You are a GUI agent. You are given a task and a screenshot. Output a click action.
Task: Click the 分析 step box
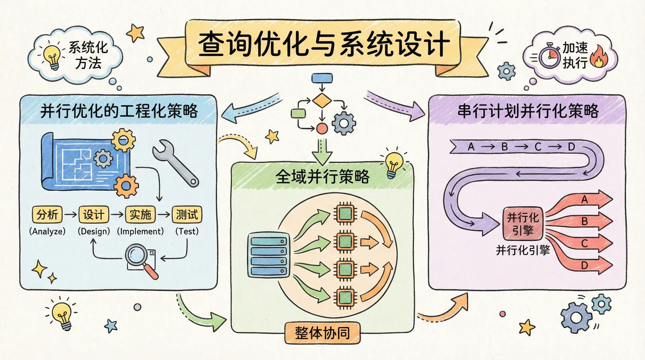(x=47, y=214)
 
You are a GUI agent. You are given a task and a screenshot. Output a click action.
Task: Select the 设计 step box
(x=94, y=214)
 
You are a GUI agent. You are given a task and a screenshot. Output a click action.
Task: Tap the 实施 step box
(x=140, y=214)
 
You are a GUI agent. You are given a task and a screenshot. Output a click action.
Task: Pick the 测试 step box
(x=187, y=214)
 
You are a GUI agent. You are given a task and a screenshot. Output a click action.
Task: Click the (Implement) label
(x=140, y=231)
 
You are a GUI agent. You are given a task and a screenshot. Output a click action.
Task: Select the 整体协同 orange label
(x=322, y=333)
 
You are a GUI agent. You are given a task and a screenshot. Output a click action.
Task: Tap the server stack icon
(x=268, y=255)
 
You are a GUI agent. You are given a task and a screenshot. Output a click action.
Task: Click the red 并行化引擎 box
(x=523, y=224)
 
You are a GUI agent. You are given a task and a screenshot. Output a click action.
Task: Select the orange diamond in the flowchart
(x=322, y=100)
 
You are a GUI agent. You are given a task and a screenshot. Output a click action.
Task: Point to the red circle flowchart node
(x=322, y=128)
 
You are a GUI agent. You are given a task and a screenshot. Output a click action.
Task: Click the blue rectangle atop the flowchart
(x=322, y=78)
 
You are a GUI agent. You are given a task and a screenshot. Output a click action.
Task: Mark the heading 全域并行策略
(x=322, y=176)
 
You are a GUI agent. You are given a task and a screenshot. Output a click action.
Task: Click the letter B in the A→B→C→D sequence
(x=505, y=147)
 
